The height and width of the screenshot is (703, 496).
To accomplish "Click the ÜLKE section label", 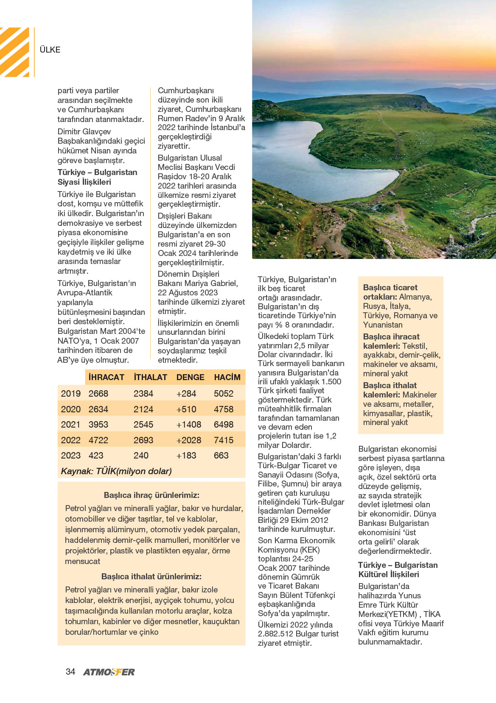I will (x=50, y=50).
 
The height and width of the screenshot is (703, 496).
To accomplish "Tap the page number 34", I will (x=70, y=672).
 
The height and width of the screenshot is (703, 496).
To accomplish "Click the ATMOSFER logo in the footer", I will (x=109, y=672).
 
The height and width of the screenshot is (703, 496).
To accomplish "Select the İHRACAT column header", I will (x=106, y=377).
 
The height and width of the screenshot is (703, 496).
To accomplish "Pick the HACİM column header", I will (x=227, y=377).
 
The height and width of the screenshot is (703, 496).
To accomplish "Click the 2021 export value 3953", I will (x=98, y=425).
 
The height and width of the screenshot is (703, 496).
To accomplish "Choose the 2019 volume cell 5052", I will (x=224, y=394).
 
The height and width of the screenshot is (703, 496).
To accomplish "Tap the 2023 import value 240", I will (x=141, y=456).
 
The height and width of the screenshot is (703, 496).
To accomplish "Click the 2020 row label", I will (x=70, y=409).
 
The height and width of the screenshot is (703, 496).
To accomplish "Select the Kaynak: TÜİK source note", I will (x=116, y=471).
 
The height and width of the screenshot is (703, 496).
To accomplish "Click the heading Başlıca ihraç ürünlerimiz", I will (x=151, y=495).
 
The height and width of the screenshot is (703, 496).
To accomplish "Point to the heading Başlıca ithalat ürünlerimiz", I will (x=151, y=576).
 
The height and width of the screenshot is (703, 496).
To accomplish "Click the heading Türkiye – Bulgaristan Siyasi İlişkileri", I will (x=98, y=177).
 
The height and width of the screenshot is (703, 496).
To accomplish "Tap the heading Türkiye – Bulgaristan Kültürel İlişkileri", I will (x=398, y=570).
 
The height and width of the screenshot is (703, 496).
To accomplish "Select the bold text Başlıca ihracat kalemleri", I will (x=391, y=341).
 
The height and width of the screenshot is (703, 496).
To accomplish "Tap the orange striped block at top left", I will (x=15, y=52).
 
